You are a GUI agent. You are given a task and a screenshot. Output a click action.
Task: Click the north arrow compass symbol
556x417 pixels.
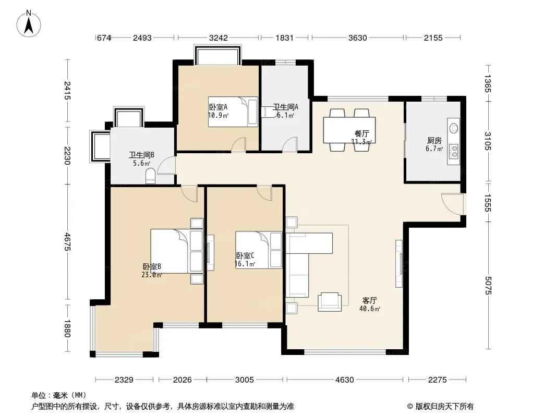coord(29,24)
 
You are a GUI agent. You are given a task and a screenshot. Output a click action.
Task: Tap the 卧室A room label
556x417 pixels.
coord(218,107)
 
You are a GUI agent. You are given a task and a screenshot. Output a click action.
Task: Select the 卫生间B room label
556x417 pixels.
coord(141,155)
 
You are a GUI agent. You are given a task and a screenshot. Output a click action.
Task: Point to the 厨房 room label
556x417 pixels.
coord(434,141)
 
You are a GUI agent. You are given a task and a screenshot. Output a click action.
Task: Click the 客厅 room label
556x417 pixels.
coord(369,300)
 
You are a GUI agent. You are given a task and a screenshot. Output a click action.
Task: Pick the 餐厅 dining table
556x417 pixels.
coord(349,130)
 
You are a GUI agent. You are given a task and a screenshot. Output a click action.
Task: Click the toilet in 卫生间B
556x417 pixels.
coord(150,176)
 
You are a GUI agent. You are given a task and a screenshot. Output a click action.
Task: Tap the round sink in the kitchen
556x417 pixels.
coord(454,128)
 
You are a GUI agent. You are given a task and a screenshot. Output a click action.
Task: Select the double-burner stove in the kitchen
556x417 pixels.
coord(454,151)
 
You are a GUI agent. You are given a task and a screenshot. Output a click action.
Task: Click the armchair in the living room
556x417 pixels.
coord(330,302)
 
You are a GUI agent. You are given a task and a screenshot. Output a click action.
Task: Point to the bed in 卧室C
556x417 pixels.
coord(259,250)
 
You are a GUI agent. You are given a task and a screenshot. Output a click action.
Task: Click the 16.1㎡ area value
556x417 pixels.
coord(245,264)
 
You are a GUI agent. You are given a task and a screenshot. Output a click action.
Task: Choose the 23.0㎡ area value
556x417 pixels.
coord(152,275)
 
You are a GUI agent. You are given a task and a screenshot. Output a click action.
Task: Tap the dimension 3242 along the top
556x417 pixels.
coord(219,38)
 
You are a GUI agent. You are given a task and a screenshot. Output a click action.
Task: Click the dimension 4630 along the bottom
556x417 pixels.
coord(345,380)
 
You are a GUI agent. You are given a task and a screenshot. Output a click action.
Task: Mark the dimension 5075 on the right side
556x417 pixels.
coord(488,285)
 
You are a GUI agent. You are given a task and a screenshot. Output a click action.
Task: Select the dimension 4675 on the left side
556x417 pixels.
coord(67,242)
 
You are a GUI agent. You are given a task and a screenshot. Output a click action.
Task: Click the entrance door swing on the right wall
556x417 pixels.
coord(452,204)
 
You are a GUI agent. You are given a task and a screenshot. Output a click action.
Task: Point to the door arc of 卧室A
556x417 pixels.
coord(238,145)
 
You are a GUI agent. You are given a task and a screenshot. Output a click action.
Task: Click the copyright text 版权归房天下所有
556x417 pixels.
coord(444,407)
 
